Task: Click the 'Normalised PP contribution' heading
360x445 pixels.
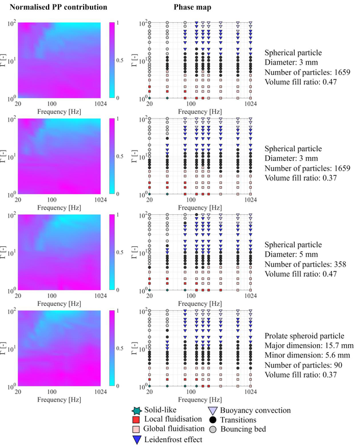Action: coord(58,7)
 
